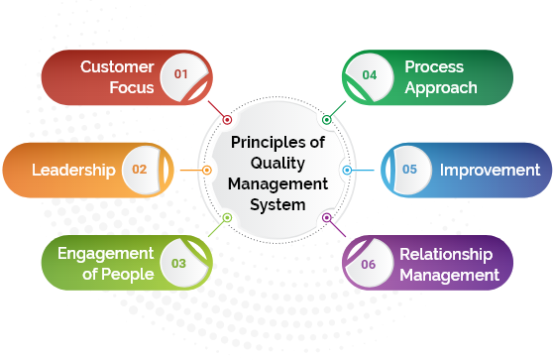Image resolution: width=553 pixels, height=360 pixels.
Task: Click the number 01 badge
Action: pos(181,74)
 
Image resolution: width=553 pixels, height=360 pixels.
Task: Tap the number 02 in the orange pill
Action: pos(140,170)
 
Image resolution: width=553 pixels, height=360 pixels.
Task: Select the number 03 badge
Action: pos(178,263)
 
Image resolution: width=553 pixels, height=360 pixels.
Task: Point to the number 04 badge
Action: pos(370,74)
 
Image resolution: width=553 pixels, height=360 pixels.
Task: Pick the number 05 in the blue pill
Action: pos(409,169)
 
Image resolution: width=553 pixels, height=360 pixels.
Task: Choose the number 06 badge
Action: pos(369,265)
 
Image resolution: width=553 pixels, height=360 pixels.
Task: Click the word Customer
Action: pos(117,66)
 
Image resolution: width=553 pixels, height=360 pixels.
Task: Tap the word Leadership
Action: pos(73,171)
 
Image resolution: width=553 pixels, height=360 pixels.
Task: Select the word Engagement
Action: pos(105,254)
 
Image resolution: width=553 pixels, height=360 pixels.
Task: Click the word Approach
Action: pos(441,88)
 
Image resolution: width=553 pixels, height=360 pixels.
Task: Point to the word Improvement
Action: pos(490,171)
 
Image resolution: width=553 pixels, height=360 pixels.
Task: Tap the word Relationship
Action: pos(446,255)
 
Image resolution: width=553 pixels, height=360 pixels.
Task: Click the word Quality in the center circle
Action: pos(277,164)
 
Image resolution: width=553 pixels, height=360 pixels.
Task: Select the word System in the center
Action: pos(277,205)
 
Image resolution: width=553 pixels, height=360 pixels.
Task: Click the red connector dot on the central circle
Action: pos(227,120)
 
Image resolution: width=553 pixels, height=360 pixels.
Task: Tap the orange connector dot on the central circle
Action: pos(207,171)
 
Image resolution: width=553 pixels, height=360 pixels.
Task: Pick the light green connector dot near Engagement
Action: pos(227,217)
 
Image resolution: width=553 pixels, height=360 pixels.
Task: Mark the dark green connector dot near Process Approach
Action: pos(327,120)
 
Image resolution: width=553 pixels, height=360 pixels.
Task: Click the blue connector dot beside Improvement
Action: pos(347,171)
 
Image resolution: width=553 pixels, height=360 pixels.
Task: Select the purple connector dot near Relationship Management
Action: pos(327,217)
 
